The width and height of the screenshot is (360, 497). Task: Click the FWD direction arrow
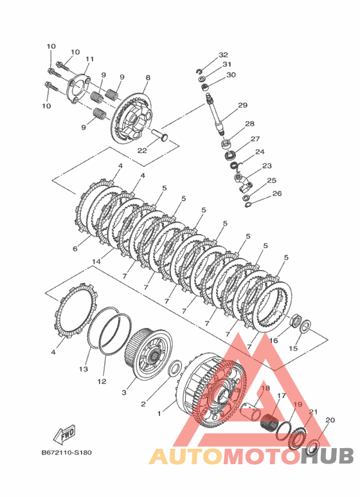(65, 434)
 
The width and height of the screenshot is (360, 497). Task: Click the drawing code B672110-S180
(67, 453)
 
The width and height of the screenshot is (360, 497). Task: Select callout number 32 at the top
(223, 55)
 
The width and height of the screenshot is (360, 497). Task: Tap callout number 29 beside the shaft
(242, 105)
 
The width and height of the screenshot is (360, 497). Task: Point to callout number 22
(142, 150)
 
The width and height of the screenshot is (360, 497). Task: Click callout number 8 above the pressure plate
(148, 78)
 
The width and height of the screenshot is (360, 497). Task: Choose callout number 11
(90, 59)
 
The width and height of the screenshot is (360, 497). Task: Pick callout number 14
(96, 262)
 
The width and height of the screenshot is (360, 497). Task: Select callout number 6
(75, 249)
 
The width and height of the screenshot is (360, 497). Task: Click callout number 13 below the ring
(84, 369)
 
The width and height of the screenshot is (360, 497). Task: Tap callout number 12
(102, 381)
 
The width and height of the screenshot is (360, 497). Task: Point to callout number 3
(124, 392)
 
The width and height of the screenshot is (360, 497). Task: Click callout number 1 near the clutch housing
(159, 413)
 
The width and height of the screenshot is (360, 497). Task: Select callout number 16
(273, 340)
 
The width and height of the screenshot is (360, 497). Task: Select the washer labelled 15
(305, 325)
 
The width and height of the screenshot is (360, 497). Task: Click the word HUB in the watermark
(327, 456)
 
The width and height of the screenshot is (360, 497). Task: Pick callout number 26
(276, 194)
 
